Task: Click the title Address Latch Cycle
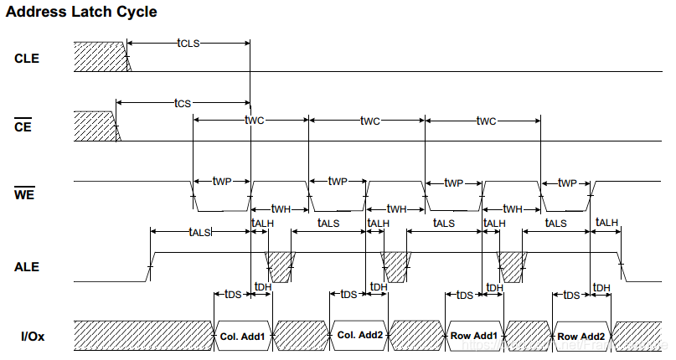80,13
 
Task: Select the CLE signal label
27,59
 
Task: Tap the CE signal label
23,127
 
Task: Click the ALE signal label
27,268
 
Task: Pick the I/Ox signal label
33,337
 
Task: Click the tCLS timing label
188,42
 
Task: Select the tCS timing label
183,102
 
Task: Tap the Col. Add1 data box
243,337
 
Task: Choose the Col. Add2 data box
359,337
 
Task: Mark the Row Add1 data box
475,337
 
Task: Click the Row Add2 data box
582,337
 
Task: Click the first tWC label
254,121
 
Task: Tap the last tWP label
567,182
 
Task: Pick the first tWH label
281,208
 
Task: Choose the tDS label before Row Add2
571,295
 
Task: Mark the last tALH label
606,223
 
